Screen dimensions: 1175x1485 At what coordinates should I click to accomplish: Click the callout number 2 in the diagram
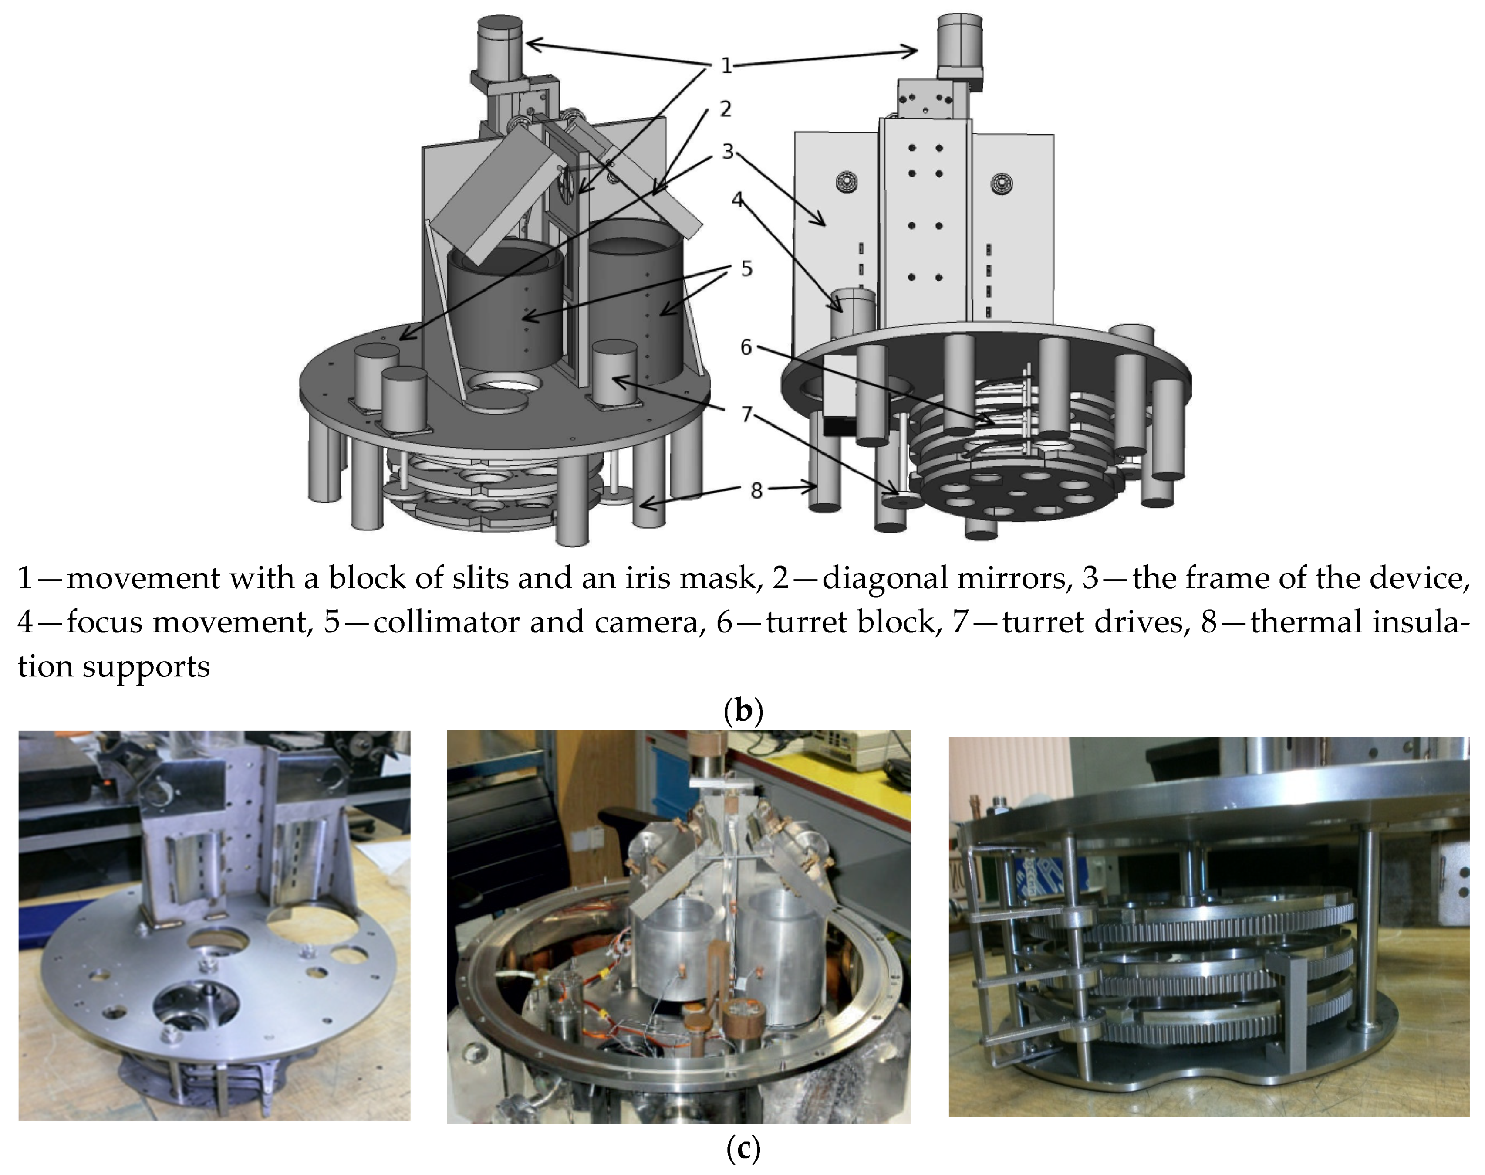[726, 109]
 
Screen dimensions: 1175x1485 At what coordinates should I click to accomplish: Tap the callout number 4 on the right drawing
[738, 200]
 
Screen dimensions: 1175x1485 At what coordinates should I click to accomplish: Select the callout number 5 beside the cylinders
[746, 268]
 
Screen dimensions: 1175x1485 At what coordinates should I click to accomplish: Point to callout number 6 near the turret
[746, 347]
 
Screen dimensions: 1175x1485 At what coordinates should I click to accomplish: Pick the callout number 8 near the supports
[756, 490]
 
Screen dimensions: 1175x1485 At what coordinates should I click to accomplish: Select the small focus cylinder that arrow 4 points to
[853, 313]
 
